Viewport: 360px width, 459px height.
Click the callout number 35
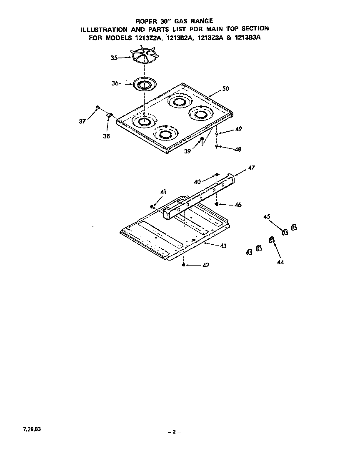(x=114, y=58)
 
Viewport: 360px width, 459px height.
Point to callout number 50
(x=225, y=89)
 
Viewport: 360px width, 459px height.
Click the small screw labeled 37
(x=97, y=108)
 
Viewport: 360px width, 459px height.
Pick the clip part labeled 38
(x=110, y=115)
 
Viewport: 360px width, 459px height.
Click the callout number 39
(x=188, y=151)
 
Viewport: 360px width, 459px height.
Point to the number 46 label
(x=238, y=205)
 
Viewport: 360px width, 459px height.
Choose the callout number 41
(x=163, y=192)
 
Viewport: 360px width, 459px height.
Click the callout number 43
(x=223, y=246)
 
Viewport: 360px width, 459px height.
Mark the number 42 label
(x=206, y=265)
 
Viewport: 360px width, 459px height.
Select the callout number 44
(x=280, y=262)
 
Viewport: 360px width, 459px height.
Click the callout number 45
(x=267, y=216)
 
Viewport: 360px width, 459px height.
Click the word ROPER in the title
(x=146, y=21)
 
